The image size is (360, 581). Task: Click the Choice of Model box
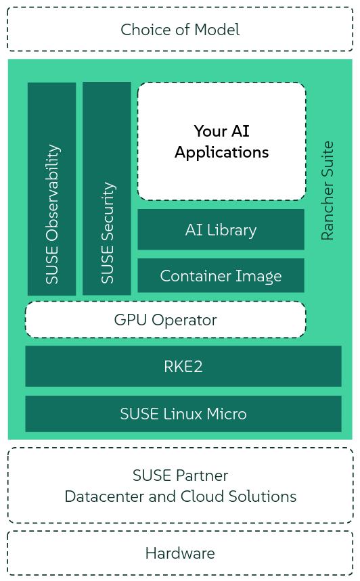point(180,30)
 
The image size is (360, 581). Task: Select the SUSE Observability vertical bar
point(51,189)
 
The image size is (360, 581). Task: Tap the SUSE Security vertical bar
point(107,189)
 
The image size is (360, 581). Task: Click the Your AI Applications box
point(221,141)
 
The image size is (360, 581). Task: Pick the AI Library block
point(221,230)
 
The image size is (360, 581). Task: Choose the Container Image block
point(221,276)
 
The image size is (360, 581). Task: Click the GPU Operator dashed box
point(165,320)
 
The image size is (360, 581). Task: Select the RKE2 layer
point(183,367)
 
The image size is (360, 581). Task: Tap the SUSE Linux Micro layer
point(183,414)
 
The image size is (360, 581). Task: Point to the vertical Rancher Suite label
point(328,191)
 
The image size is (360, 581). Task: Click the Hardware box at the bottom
point(180,553)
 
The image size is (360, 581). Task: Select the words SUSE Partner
point(180,475)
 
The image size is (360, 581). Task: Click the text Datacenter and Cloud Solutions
point(180,496)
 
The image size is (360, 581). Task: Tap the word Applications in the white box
point(221,153)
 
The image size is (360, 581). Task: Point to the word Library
point(231,230)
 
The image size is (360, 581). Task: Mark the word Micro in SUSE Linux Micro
point(227,414)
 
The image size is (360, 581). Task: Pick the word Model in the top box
point(217,30)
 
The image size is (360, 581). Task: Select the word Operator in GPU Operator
point(185,320)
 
